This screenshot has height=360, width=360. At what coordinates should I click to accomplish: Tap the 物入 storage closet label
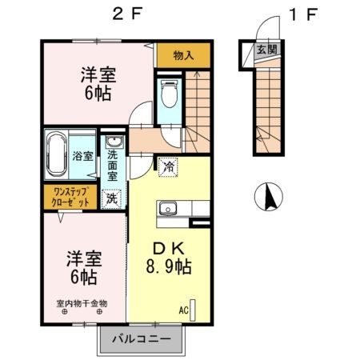pos(184,55)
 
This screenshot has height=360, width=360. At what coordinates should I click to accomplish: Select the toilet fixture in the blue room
pos(169,94)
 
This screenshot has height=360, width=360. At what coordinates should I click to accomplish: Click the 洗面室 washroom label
pos(112,164)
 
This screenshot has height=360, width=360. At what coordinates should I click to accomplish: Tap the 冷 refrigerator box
pos(168,167)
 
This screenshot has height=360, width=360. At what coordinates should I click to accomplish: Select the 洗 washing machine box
pos(112,197)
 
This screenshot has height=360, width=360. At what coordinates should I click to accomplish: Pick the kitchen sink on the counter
pos(168,209)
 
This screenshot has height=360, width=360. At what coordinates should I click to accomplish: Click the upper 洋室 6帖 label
pos(98,83)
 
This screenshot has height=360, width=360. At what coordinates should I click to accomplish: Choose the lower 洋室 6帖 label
pos(82,269)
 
